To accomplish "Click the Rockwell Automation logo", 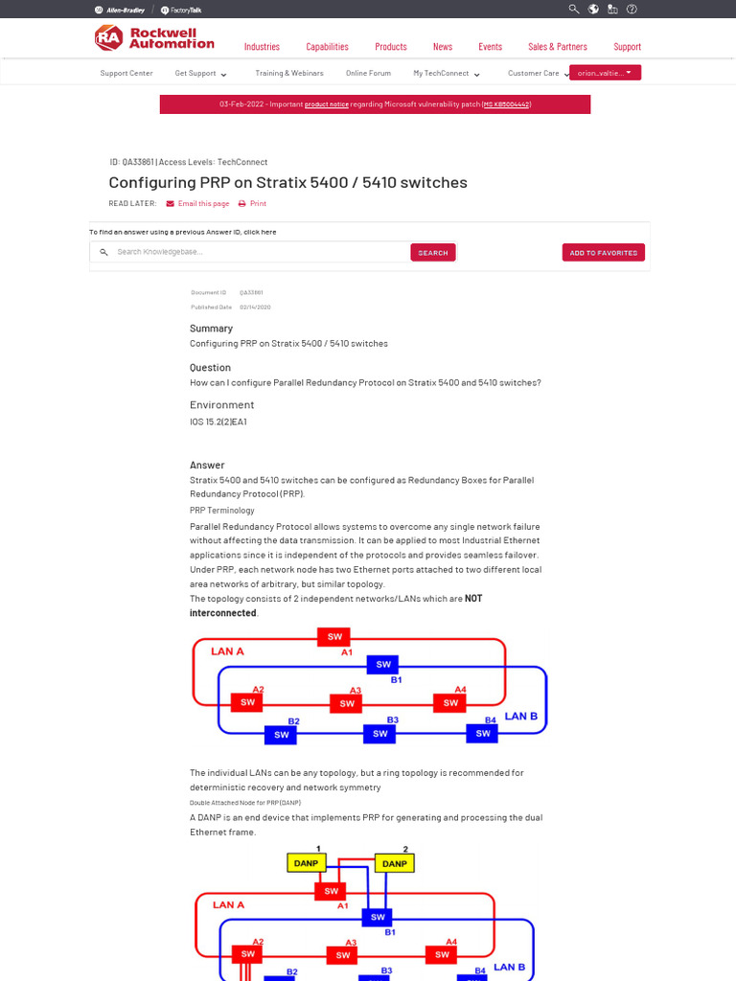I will pos(154,38).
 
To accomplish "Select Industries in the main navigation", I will pos(262,47).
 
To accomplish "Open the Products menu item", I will pos(390,47).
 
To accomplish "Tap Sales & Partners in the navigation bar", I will pos(558,47).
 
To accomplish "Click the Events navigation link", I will pos(490,47).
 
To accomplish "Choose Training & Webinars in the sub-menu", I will pos(288,73).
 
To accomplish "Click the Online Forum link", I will pos(368,73).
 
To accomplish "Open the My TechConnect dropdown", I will pos(446,73).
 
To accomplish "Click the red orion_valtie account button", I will pos(605,73).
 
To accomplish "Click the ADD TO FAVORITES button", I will pos(603,253).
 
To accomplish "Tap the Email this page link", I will pos(203,204).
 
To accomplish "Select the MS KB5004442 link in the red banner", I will pos(506,104).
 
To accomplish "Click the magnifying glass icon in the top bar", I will pos(574,10).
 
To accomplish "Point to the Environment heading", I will pos(221,405).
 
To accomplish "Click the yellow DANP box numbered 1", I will pos(307,863).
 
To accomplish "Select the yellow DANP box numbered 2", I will pos(394,863).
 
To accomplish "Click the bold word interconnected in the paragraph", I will pos(222,613).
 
